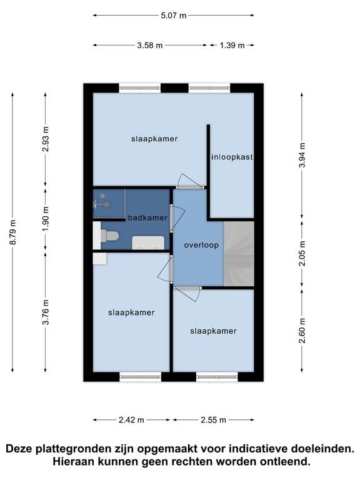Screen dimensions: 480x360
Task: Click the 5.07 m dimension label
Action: [x=174, y=16]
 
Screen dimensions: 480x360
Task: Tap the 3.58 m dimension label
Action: [x=150, y=45]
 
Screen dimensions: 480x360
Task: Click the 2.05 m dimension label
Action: [x=302, y=254]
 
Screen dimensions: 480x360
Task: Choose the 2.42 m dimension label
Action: [x=132, y=420]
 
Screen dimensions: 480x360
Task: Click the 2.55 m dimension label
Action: [x=212, y=420]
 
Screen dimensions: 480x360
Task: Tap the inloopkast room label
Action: [x=232, y=157]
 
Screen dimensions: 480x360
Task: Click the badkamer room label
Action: [x=147, y=217]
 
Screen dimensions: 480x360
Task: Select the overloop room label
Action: [x=201, y=245]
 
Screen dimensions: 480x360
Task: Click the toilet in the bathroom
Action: [x=109, y=236]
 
